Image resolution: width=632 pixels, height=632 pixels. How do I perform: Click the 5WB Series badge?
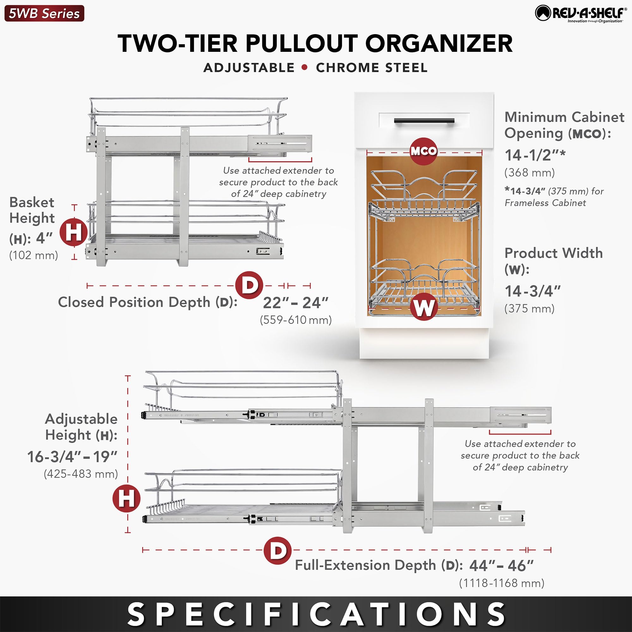(44, 13)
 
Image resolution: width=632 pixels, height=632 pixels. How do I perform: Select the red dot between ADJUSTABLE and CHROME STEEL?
(305, 67)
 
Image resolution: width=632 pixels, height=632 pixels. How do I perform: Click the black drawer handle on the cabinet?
(424, 121)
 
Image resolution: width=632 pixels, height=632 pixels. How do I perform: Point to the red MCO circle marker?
(424, 151)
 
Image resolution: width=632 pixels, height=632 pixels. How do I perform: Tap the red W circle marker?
(424, 307)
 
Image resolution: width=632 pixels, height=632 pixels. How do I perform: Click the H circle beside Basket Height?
(74, 232)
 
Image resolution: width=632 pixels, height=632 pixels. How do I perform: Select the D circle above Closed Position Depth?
(249, 285)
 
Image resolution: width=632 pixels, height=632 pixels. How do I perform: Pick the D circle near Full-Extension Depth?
(277, 550)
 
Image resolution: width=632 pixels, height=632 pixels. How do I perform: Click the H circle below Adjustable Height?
(126, 499)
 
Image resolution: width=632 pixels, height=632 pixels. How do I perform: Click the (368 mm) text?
(530, 173)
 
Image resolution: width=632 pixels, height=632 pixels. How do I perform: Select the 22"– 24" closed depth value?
(295, 303)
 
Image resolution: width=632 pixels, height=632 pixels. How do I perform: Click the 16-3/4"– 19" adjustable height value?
(72, 457)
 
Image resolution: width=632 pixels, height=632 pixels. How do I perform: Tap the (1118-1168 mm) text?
(501, 583)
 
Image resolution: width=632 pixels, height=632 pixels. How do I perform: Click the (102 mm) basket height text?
(34, 255)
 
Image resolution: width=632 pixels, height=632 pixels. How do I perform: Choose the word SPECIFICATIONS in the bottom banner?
(316, 614)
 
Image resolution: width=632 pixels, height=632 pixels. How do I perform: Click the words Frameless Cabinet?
(545, 203)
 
